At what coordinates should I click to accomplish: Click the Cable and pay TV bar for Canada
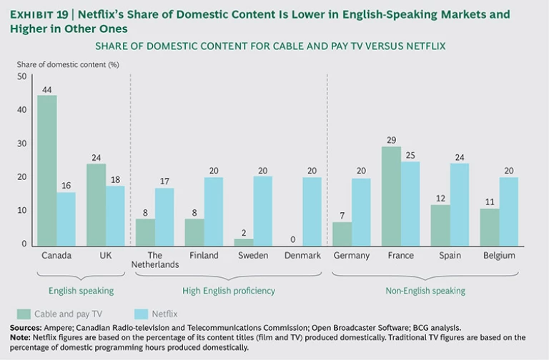click(47, 170)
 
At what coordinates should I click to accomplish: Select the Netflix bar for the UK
click(116, 215)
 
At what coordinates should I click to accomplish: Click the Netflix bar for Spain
click(460, 204)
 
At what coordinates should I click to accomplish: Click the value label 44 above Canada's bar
click(47, 89)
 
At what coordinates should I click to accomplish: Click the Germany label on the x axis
click(352, 255)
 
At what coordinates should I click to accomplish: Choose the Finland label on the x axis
click(204, 255)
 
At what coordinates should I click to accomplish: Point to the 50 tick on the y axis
click(21, 76)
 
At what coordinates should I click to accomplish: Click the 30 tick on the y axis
click(21, 144)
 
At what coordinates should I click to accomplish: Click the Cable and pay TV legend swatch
click(23, 314)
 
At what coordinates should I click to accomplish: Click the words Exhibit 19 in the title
click(41, 12)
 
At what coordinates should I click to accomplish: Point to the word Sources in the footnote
click(26, 328)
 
